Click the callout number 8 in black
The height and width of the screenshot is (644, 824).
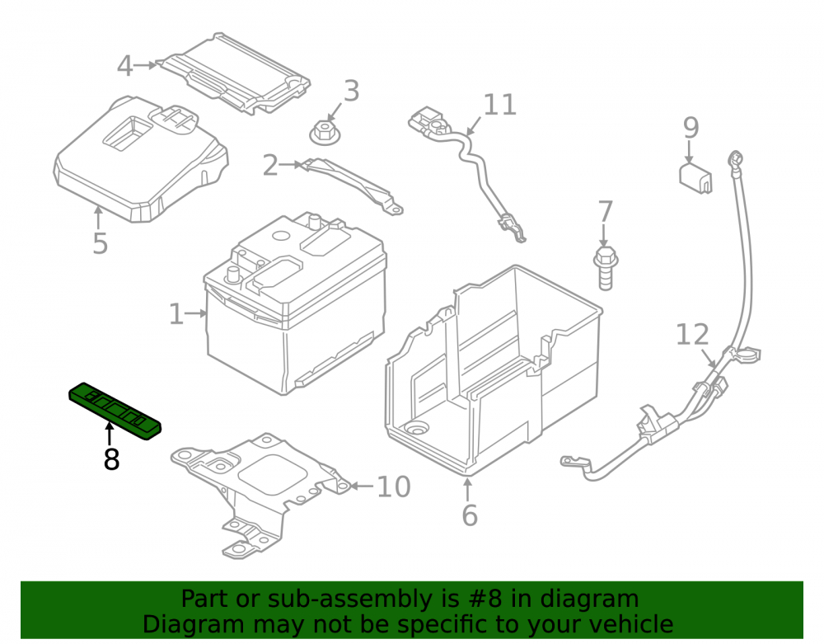coord(111,459)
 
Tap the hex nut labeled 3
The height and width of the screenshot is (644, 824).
coord(325,133)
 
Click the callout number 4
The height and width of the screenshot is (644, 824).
coord(125,66)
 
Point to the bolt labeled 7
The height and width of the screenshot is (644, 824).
coord(606,267)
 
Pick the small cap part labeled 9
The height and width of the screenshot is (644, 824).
coord(695,177)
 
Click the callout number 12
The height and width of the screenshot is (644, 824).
coord(692,334)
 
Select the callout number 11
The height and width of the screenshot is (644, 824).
coord(500,105)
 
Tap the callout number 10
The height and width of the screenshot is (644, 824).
coord(394,487)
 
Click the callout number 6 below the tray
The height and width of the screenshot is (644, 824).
coord(470,515)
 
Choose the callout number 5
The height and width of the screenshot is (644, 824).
coord(100,243)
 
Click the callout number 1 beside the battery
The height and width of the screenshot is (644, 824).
coord(176,314)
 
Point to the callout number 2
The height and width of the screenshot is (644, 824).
coord(269,165)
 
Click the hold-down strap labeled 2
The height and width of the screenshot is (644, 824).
coord(352,186)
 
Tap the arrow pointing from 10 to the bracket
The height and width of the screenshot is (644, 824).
coord(363,487)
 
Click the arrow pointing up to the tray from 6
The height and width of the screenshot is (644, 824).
coord(467,490)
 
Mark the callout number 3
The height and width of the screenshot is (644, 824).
coord(351,91)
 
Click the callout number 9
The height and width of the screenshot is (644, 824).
coord(691,128)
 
